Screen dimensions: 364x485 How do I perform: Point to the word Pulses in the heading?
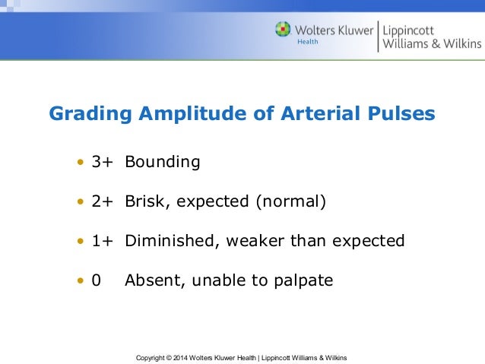401,114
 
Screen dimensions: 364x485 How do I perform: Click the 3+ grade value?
102,162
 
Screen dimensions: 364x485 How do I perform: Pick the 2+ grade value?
102,201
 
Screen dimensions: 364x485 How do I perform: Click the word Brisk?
145,201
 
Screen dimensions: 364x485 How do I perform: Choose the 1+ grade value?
102,241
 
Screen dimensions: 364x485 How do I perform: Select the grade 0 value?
97,280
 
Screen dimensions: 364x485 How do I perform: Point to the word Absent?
149,280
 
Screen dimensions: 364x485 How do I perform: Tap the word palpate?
304,280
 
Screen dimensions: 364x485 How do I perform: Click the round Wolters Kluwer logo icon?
283,30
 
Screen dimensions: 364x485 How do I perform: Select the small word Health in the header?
306,42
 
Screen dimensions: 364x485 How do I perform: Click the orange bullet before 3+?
80,163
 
